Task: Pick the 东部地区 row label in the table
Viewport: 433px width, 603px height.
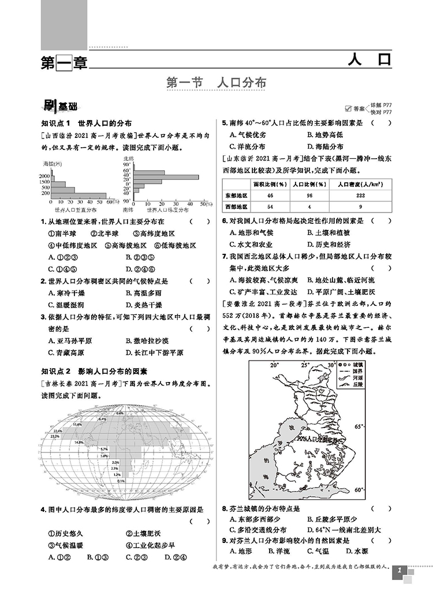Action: (x=235, y=196)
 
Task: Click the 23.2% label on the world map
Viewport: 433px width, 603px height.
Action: (x=55, y=437)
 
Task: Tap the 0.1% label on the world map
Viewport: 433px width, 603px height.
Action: (x=120, y=481)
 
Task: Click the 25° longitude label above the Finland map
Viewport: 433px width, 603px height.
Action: (x=305, y=365)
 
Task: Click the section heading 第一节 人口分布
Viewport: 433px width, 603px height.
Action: (x=216, y=82)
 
